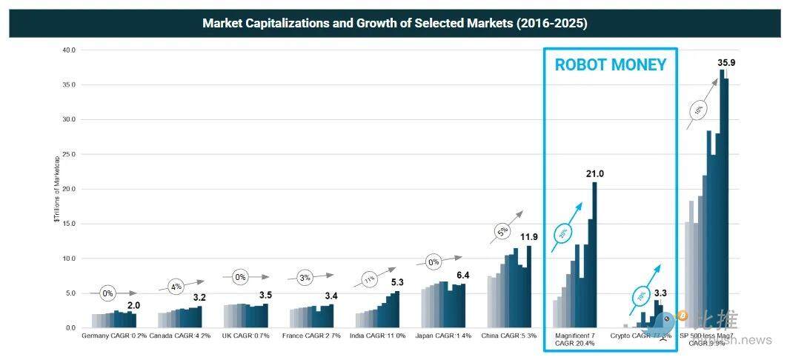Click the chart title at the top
(x=394, y=23)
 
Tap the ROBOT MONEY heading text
(x=611, y=65)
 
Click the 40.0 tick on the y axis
(x=69, y=50)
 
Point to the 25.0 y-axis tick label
(x=69, y=154)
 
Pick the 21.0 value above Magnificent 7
(x=595, y=174)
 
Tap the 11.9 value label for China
(x=528, y=237)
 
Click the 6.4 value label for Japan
(x=462, y=276)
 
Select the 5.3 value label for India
(x=398, y=282)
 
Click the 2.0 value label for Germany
(x=133, y=305)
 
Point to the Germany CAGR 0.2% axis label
(x=114, y=336)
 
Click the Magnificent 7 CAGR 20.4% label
(x=574, y=339)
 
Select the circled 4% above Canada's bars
(x=175, y=286)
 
